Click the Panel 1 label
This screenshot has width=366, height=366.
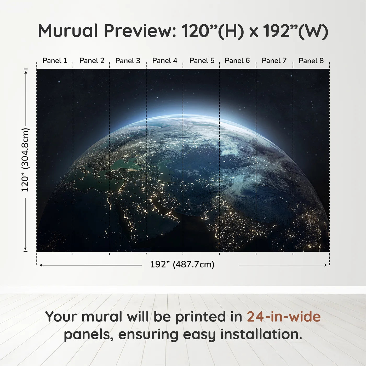pos(55,61)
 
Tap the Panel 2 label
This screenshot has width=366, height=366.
pos(92,61)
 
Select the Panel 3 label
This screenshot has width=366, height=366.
pos(128,61)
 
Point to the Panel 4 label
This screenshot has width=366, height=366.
pos(165,61)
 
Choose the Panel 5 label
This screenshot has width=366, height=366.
pos(202,61)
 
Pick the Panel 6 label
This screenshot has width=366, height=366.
pos(237,61)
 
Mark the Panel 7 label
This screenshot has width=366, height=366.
pos(274,61)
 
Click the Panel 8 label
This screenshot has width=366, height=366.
pos(311,61)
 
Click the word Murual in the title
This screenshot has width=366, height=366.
pos(68,31)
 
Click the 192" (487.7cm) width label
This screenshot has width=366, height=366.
pos(182,265)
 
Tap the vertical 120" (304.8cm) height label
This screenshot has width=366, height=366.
pos(25,160)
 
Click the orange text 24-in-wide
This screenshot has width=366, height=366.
pos(284,317)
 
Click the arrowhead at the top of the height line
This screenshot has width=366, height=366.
pos(26,72)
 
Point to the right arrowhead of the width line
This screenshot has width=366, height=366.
pos(325,265)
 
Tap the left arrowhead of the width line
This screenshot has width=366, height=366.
pos(41,265)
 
